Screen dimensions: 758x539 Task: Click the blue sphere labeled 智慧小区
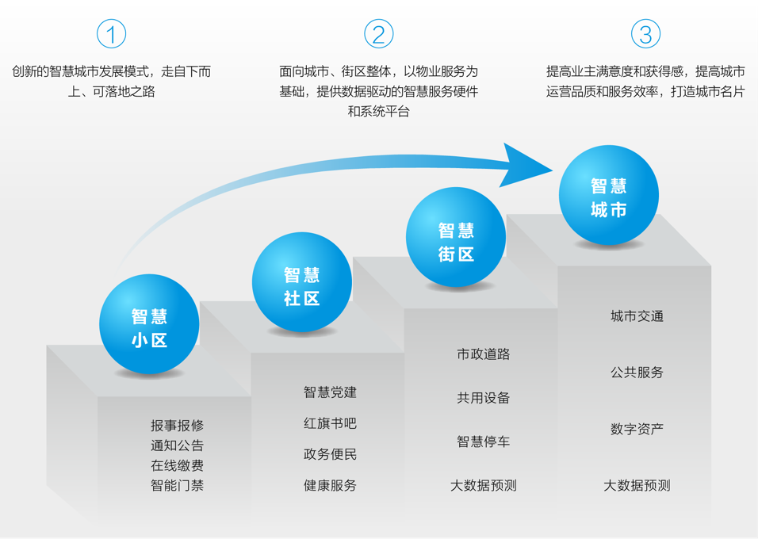149,324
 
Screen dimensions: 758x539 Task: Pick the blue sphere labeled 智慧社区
302,282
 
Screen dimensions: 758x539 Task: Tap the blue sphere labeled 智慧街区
456,237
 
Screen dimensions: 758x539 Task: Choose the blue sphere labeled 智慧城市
609,195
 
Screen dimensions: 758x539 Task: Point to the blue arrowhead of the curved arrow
525,166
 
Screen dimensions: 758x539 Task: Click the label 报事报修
178,426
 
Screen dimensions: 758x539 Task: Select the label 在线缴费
178,465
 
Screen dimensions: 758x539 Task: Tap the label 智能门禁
178,485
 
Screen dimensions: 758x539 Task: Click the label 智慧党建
330,392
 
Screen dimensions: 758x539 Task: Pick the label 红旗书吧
330,423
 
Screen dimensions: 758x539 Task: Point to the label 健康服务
330,485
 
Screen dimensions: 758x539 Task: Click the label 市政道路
484,354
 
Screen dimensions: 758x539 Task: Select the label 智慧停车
484,442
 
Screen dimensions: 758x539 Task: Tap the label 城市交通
637,316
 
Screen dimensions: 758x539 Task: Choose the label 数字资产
637,429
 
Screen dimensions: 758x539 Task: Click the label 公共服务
637,373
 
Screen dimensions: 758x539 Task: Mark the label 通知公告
178,445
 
